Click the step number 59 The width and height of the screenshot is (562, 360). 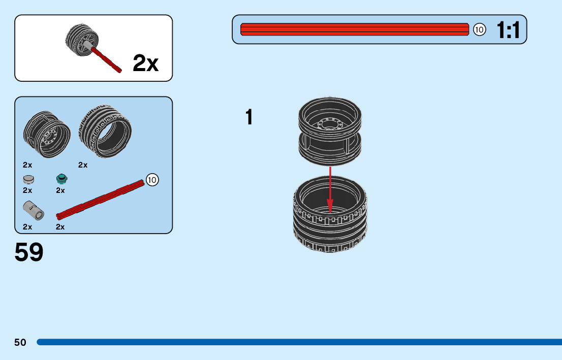pyautogui.click(x=29, y=252)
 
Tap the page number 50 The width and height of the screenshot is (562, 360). pyautogui.click(x=20, y=342)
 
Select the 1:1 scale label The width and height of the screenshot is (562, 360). pyautogui.click(x=509, y=30)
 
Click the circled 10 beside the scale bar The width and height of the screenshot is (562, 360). pyautogui.click(x=479, y=30)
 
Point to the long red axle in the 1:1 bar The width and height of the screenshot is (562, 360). pyautogui.click(x=354, y=29)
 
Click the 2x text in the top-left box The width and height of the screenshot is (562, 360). pyautogui.click(x=145, y=63)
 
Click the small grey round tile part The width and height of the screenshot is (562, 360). pyautogui.click(x=29, y=179)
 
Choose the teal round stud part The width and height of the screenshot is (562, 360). pyautogui.click(x=62, y=178)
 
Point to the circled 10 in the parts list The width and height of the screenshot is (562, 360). pyautogui.click(x=152, y=179)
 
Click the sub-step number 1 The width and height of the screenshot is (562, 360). pyautogui.click(x=249, y=117)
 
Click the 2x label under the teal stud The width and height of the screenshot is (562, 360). pyautogui.click(x=60, y=190)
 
